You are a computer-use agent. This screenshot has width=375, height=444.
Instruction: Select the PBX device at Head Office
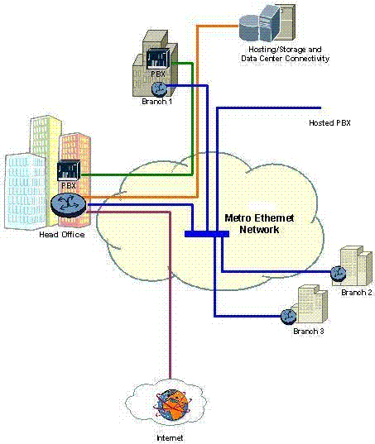[67, 171]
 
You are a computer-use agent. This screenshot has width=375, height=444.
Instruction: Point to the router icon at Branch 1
[158, 88]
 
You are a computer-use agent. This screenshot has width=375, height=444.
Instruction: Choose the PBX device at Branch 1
[157, 60]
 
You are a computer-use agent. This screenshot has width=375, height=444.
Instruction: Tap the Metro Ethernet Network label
[260, 224]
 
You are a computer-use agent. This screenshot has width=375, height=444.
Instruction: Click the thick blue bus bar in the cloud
[206, 234]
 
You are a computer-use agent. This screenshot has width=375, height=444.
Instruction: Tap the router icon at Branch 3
[288, 315]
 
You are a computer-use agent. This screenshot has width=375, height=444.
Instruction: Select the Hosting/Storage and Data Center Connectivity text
[285, 55]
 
